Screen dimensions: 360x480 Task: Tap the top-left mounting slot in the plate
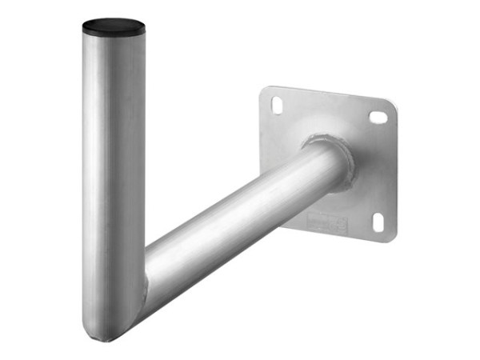pyautogui.click(x=277, y=104)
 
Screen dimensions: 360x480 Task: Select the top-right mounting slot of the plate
pyautogui.click(x=378, y=117)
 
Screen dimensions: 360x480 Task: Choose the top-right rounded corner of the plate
pyautogui.click(x=391, y=106)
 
